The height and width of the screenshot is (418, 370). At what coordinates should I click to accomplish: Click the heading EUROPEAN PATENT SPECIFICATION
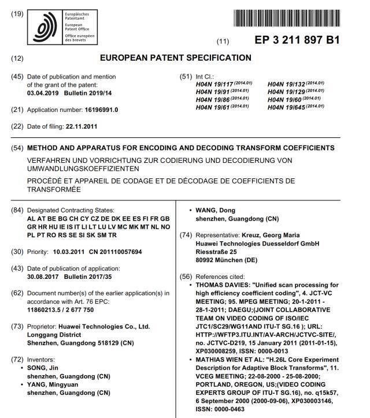pos(176,58)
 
